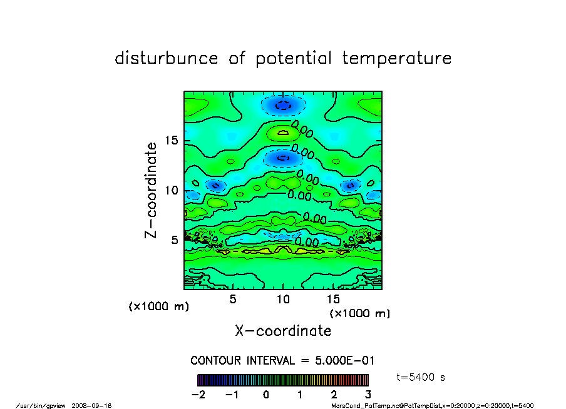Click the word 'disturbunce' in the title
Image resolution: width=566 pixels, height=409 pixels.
click(167, 59)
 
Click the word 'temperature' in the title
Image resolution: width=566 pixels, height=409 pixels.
click(396, 59)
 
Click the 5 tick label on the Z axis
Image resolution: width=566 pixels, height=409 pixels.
click(176, 240)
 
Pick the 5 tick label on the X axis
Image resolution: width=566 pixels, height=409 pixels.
click(233, 299)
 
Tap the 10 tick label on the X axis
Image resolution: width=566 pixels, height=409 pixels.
click(283, 299)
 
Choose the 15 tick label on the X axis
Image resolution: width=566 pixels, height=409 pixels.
click(332, 299)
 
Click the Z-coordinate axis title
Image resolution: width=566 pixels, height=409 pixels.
click(151, 190)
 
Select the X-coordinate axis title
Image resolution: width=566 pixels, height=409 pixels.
click(283, 330)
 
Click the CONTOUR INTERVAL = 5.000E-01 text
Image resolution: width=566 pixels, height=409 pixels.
click(282, 361)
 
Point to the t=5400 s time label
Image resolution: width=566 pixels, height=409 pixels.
click(421, 378)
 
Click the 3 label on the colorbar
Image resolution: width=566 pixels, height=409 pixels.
click(368, 395)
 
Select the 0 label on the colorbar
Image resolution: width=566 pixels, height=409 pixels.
click(266, 395)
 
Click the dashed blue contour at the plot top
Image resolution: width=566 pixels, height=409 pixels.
click(283, 105)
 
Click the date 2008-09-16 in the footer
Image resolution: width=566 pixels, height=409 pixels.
click(96, 405)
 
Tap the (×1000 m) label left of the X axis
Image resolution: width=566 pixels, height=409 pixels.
click(159, 306)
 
